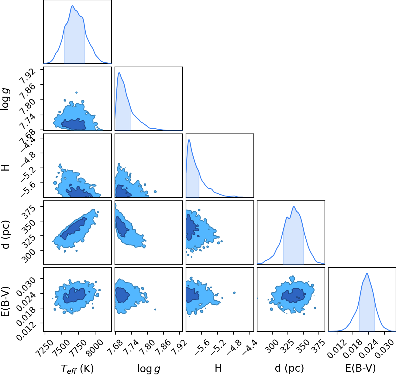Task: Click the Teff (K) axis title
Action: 77,369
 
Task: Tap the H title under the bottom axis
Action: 218,368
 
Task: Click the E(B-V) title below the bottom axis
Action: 360,369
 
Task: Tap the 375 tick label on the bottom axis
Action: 319,345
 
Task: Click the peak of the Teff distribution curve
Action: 73,6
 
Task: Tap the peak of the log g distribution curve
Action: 119,73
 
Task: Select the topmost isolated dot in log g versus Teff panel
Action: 77,92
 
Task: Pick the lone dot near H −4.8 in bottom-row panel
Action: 234,293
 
